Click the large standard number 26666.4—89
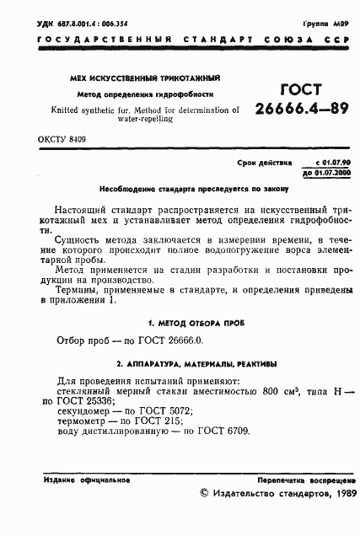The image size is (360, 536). [x=299, y=107]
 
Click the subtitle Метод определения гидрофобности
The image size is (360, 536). [x=145, y=94]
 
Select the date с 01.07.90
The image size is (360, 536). [x=323, y=160]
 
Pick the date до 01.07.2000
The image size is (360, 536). [x=320, y=170]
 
